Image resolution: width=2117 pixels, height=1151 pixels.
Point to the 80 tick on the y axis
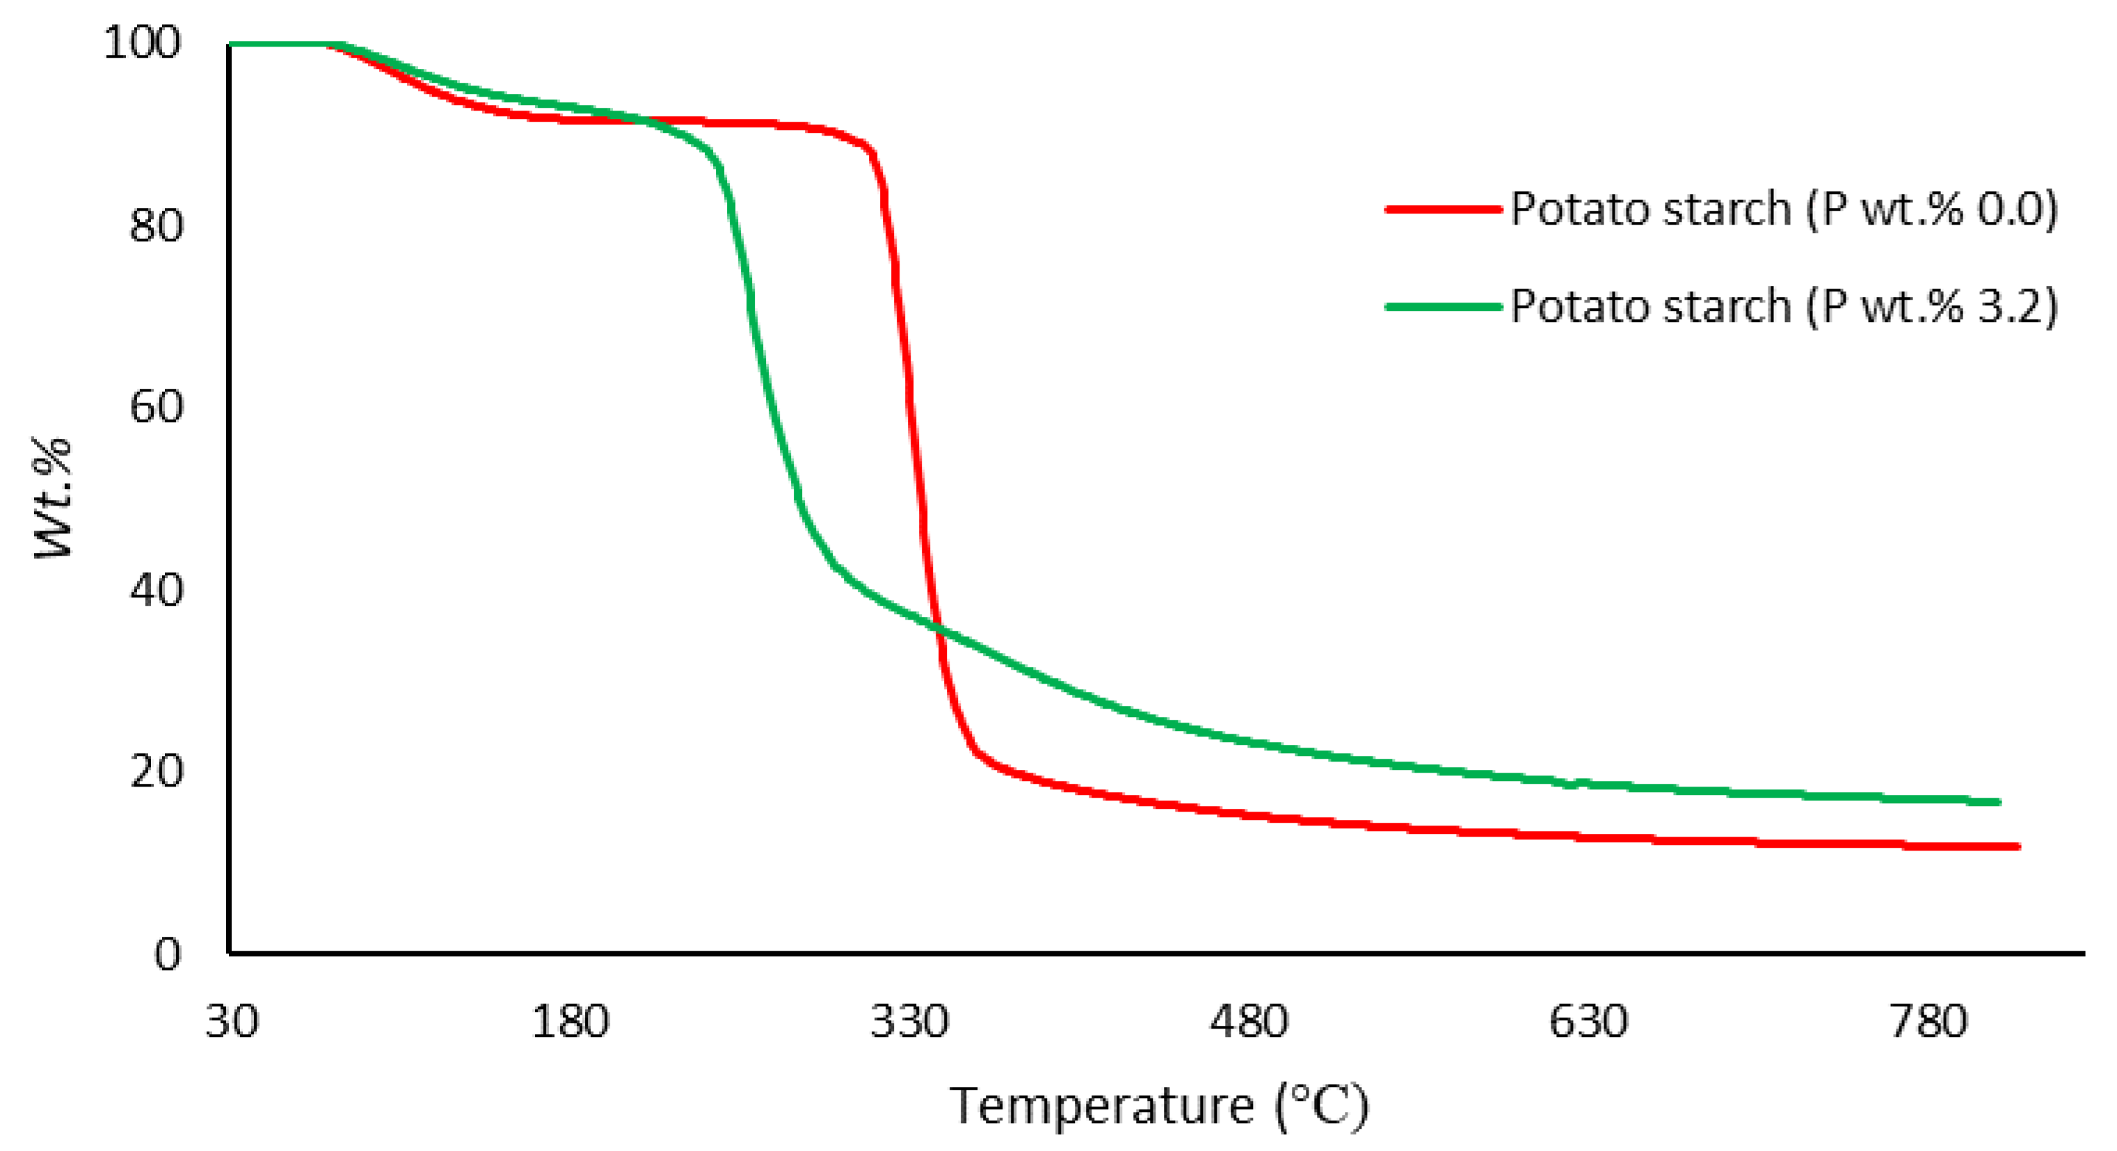[x=155, y=225]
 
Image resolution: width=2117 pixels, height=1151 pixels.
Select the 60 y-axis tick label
[x=155, y=407]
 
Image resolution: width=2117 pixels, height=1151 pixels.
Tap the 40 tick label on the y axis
[x=155, y=590]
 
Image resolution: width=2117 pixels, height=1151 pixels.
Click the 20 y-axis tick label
[x=155, y=771]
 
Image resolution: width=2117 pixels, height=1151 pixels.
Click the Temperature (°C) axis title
[x=1159, y=1106]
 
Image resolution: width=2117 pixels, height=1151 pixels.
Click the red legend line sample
[x=1443, y=209]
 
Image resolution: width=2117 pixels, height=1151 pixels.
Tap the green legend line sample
[x=1443, y=307]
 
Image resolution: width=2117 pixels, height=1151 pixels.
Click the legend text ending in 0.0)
[x=1783, y=209]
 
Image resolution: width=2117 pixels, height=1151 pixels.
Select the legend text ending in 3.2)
[x=1783, y=307]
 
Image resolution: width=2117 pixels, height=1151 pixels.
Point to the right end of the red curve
[x=2018, y=846]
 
